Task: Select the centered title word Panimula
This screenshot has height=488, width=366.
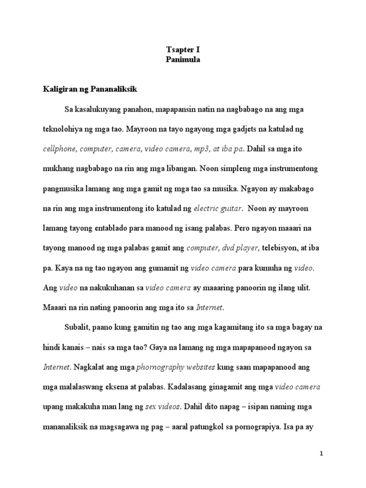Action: [183, 60]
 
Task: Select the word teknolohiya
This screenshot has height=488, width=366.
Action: [64, 129]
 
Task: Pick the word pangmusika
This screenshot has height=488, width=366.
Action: [65, 188]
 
